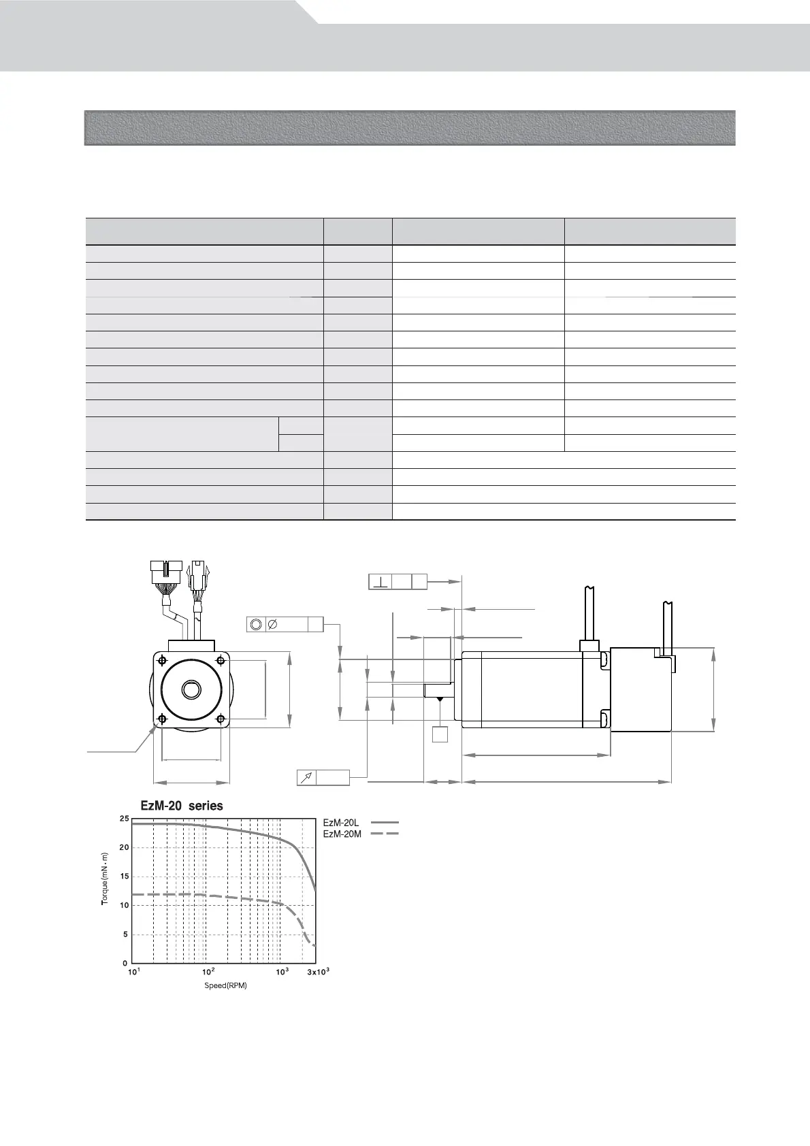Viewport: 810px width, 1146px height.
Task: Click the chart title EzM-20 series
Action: (x=182, y=806)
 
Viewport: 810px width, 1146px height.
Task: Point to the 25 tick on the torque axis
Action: (x=125, y=819)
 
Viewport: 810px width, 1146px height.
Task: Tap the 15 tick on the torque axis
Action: (x=125, y=877)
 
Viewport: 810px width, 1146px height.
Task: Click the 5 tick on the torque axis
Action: (x=126, y=934)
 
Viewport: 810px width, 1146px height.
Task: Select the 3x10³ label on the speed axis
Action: (x=319, y=972)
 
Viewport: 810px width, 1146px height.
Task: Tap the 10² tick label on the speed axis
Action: (x=208, y=972)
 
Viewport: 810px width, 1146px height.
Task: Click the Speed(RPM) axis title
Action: (x=226, y=985)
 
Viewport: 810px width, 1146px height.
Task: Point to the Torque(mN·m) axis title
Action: (x=105, y=879)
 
